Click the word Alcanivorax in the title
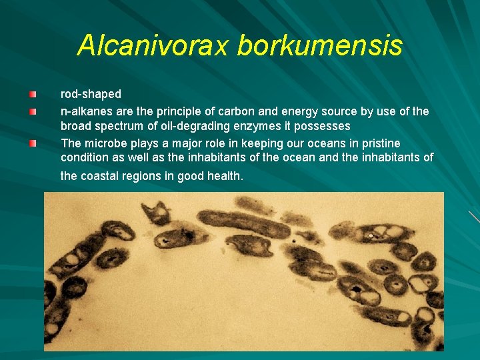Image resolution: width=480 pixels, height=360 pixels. click(x=153, y=45)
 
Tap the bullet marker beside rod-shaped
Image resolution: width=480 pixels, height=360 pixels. click(x=33, y=95)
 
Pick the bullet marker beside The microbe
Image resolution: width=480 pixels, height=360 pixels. click(x=33, y=143)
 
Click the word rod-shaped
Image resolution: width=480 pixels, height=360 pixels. click(x=91, y=95)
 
